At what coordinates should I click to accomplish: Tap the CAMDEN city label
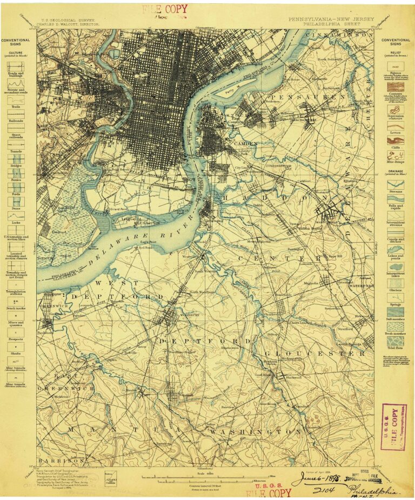tap(245, 144)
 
